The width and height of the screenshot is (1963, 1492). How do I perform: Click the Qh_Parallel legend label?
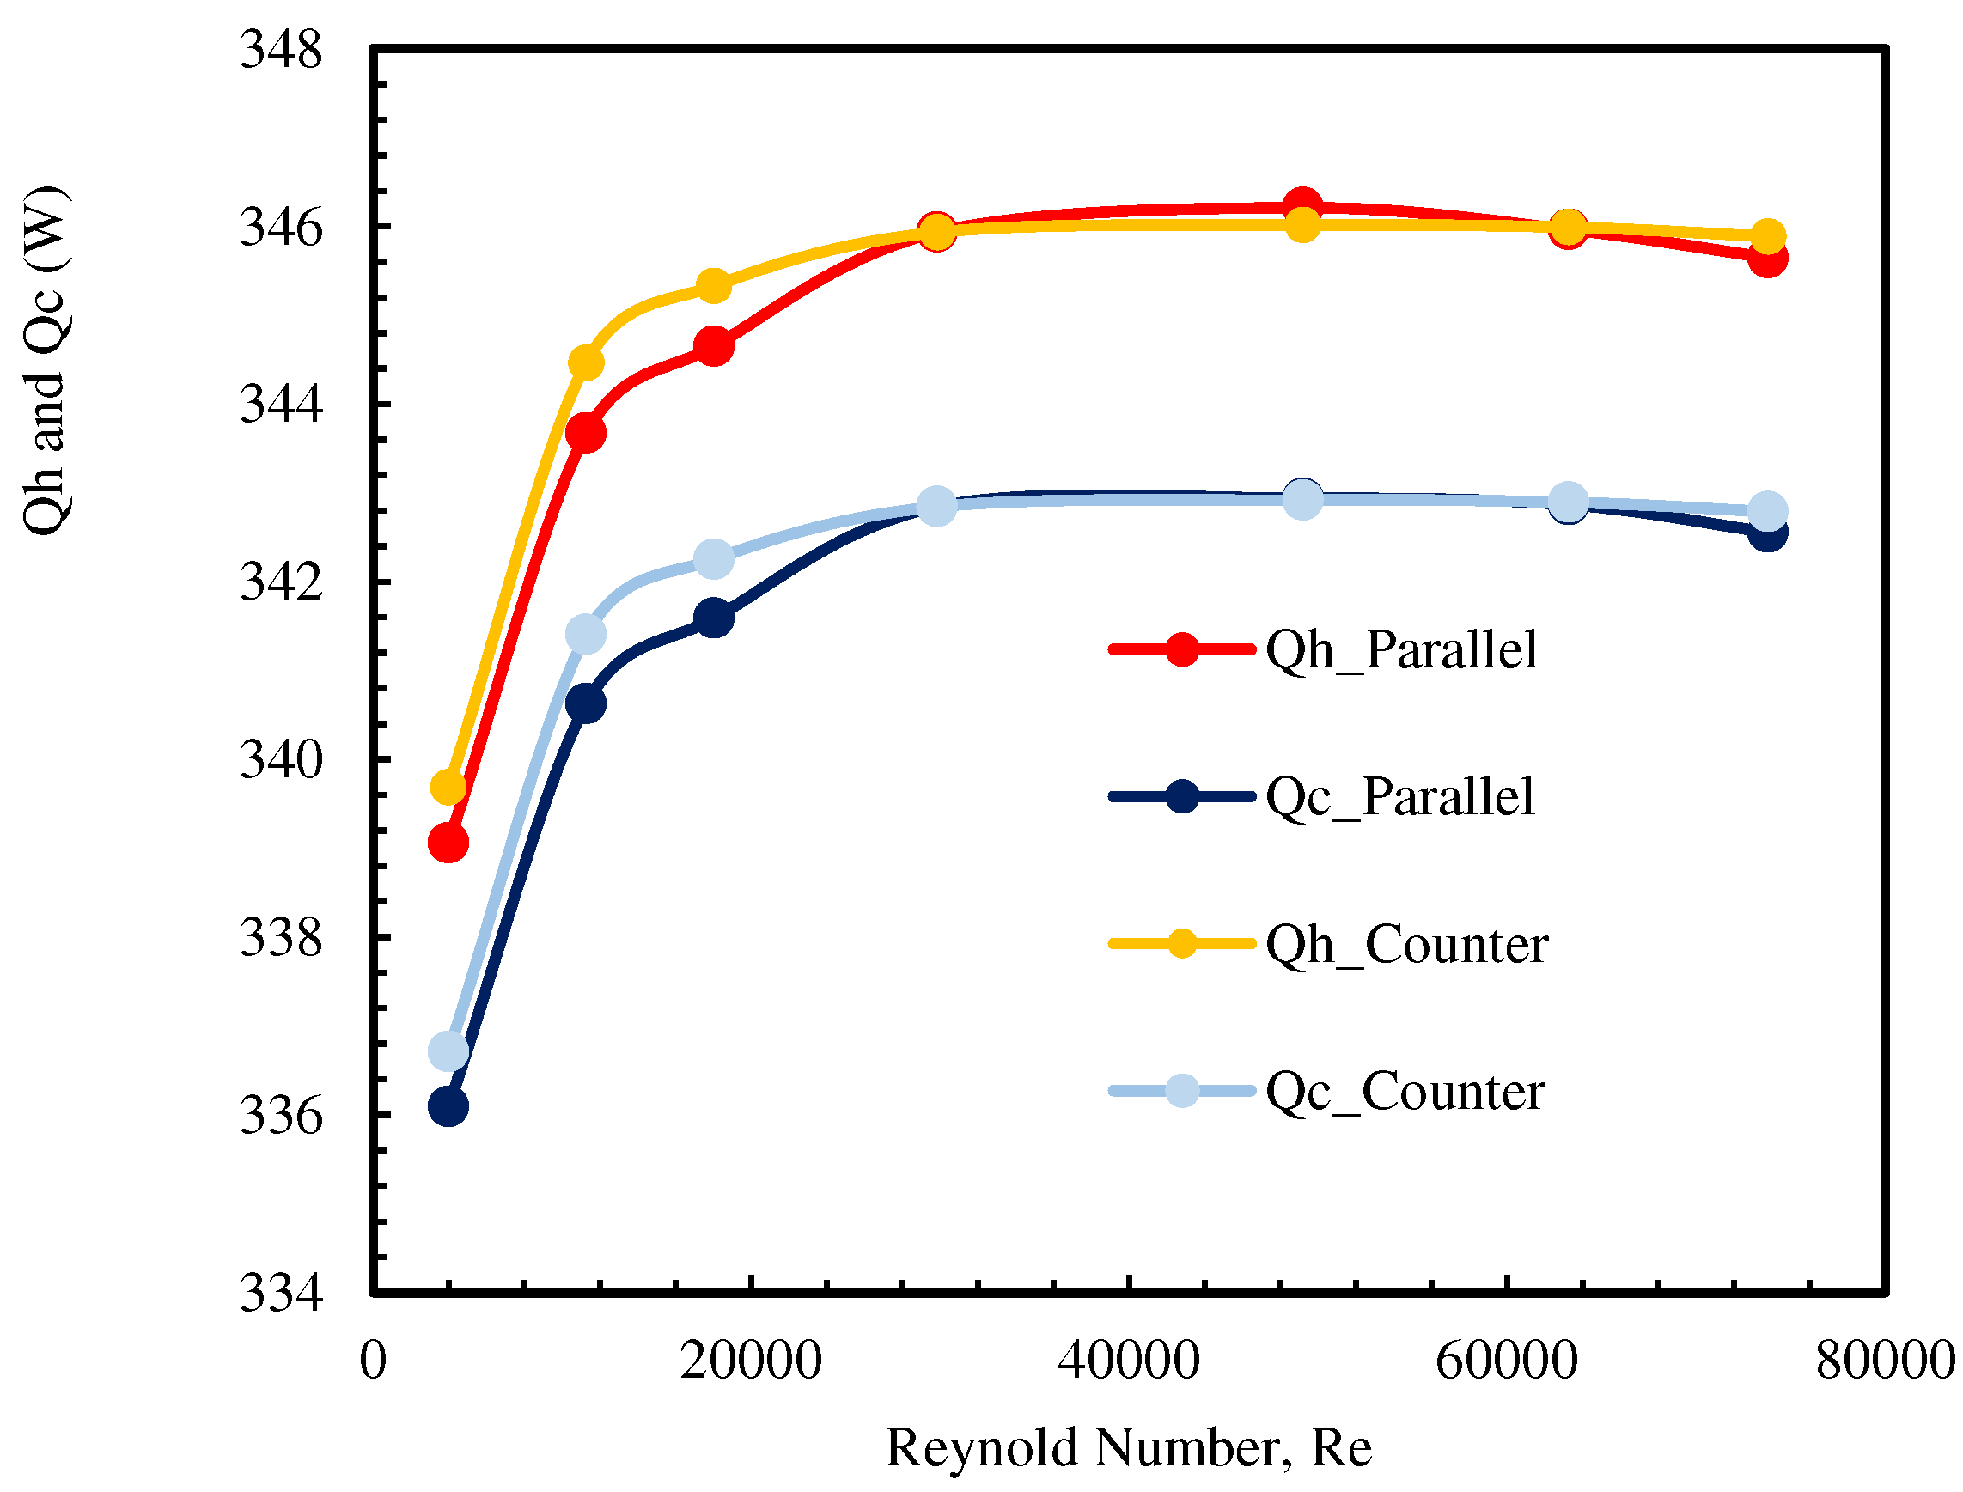[1401, 650]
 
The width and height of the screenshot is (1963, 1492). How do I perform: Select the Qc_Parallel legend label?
[1399, 796]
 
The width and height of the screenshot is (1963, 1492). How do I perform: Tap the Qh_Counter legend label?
[1406, 944]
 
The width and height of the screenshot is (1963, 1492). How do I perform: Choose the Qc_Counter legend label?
[1405, 1092]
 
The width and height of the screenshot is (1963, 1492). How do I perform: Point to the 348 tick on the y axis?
[281, 50]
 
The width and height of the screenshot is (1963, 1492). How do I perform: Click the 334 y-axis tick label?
[281, 1293]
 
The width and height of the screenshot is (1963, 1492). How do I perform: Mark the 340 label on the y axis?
[281, 760]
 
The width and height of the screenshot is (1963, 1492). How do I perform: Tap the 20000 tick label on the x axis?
[751, 1361]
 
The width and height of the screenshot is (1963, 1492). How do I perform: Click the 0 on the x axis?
[373, 1361]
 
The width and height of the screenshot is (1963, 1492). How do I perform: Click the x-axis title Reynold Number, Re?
[1128, 1448]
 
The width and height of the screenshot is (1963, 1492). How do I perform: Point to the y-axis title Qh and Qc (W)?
[45, 361]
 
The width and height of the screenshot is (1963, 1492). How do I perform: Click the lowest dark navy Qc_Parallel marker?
[448, 1106]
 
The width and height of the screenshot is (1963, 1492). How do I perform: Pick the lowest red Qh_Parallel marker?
[448, 843]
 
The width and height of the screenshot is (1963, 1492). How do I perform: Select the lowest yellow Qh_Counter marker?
[448, 787]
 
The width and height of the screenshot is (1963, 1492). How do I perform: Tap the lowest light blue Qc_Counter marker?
[448, 1051]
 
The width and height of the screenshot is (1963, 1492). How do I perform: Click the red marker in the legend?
[1181, 649]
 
